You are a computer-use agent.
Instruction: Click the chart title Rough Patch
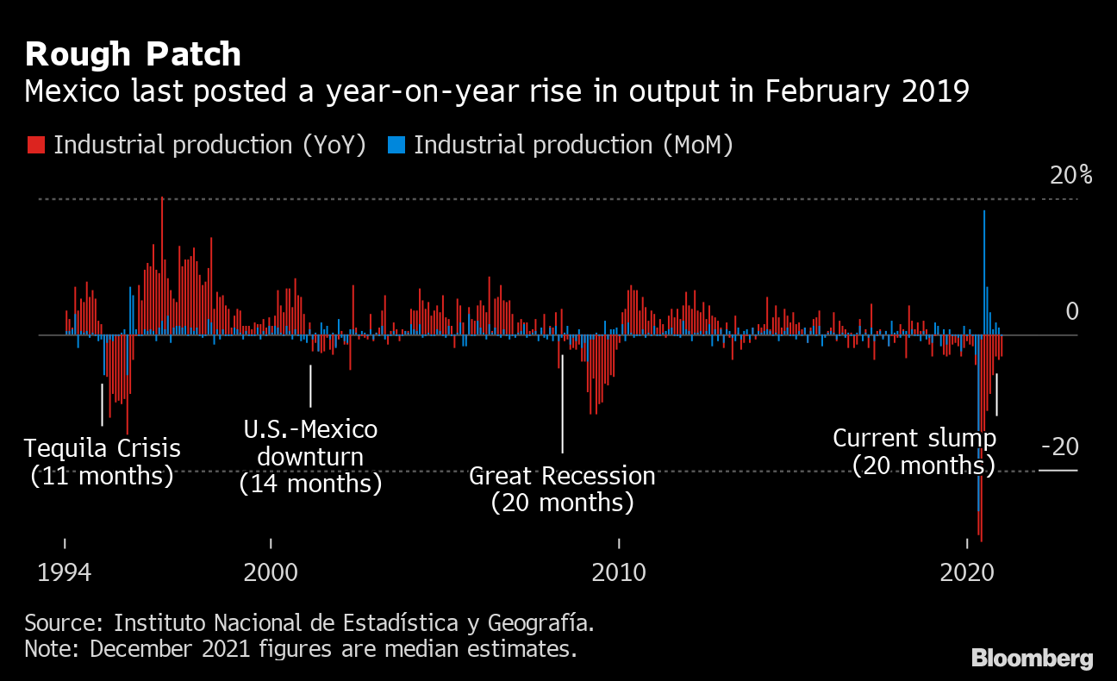point(133,55)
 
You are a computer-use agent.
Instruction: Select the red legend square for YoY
point(35,145)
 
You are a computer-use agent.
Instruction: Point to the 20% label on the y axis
point(1070,176)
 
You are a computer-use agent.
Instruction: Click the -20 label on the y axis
point(1059,447)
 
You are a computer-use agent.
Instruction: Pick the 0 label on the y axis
point(1071,311)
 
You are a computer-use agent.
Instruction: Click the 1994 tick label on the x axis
point(65,572)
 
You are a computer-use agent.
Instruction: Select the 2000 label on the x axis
point(271,572)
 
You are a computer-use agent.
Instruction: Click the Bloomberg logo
point(1032,659)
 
